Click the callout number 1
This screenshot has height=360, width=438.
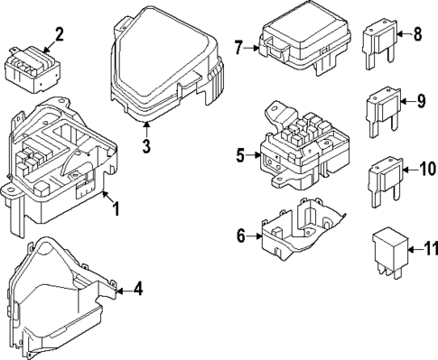tap(116, 209)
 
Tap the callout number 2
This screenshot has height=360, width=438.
tap(59, 34)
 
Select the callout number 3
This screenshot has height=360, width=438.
tap(146, 146)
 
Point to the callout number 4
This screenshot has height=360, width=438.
tap(138, 289)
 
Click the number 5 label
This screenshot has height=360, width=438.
tap(240, 155)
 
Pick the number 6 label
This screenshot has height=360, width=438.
tap(241, 236)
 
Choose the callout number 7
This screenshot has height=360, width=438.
tap(238, 48)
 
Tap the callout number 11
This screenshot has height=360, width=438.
tap(431, 249)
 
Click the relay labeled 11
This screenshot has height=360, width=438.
tap(390, 253)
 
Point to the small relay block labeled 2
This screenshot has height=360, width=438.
tap(33, 69)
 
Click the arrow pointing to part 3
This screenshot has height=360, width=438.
tap(146, 130)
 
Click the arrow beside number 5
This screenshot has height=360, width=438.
tap(254, 155)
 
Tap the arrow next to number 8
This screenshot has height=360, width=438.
tap(405, 34)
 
